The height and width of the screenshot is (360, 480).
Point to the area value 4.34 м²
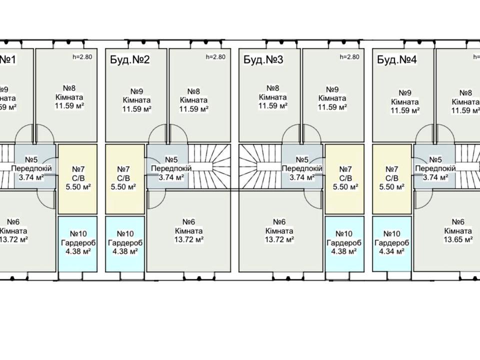(392, 251)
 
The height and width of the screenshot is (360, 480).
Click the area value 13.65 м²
(458, 239)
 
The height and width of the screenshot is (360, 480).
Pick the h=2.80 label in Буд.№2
(215, 56)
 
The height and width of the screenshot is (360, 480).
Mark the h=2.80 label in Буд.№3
(349, 56)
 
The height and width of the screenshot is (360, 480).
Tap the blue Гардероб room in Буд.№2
(124, 242)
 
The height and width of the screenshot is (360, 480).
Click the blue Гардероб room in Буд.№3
(343, 242)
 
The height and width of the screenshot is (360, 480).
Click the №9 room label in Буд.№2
(137, 91)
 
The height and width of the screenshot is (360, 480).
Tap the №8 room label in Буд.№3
(272, 87)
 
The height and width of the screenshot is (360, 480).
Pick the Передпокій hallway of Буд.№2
(168, 168)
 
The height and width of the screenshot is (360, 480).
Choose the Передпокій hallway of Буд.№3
(302, 168)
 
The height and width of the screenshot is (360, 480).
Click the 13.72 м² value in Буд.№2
(189, 239)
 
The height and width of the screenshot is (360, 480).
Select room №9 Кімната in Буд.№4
(405, 100)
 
